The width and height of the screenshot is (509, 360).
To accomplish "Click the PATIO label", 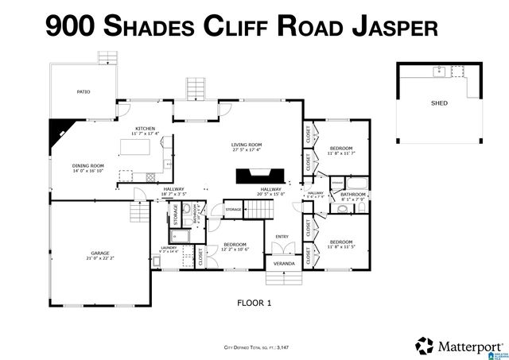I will coord(84,91).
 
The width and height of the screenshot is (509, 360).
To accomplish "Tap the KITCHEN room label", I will coord(145,128).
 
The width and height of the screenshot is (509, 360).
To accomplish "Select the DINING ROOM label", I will coord(88,165).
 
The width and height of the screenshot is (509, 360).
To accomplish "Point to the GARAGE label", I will coord(99,254).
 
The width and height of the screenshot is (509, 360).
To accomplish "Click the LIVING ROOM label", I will coord(247,145).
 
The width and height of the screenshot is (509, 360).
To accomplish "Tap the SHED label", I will coord(439,103).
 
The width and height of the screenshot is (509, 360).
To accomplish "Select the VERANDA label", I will coord(284,263).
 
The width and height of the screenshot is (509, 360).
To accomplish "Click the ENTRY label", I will coord(282,236).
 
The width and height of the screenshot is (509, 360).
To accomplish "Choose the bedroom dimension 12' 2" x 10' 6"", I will coord(235,249).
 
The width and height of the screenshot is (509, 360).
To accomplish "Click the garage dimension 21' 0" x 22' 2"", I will coord(99,258).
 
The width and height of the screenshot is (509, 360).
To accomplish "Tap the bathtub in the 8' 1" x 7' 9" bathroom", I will coord(356,183).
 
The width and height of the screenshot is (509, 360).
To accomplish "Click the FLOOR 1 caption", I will coord(254,303).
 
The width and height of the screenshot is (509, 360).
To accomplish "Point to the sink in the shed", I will coord(438,72).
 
